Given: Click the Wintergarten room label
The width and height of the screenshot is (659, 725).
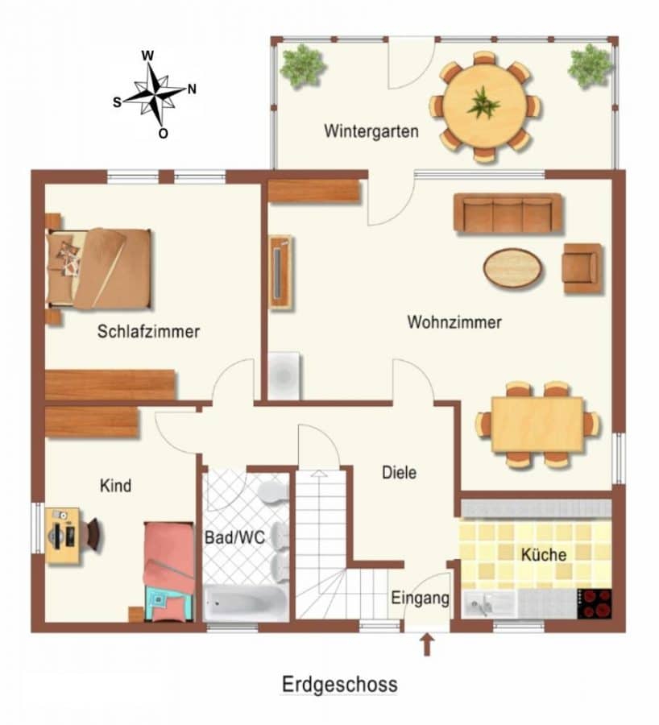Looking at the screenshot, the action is pos(371,130).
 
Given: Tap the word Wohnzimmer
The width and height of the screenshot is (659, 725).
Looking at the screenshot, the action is pos(454,321).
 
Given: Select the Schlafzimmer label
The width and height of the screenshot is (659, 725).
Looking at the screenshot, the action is pos(148,331).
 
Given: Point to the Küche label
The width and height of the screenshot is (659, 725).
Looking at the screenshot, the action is pos(544,554).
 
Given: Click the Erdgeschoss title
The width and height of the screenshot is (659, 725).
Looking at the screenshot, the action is pos(340,684).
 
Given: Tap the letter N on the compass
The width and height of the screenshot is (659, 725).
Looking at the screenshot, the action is pos(192,89).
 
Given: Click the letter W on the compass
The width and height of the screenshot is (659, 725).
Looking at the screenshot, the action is pos(147,56).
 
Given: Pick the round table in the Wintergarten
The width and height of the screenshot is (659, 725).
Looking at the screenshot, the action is pos(484,107).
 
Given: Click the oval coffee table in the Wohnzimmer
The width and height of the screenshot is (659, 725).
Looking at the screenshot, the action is pos(513,268).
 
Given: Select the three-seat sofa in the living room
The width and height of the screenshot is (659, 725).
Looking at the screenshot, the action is pos(508,213).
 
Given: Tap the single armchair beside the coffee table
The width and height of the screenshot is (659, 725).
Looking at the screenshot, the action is pos(582,268).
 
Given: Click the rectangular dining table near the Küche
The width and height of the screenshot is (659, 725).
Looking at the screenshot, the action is pos(537,425).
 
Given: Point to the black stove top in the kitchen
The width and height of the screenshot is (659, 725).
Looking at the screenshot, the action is pos(595,604).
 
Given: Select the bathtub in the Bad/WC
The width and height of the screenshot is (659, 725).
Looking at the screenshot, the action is pos(246,603).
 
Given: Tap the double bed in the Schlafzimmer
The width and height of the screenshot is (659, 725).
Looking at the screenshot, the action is pos(99,268).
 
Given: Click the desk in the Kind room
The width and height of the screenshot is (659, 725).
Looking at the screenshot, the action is pos(62,536).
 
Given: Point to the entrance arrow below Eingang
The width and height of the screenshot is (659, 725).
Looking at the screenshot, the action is pos(427,644).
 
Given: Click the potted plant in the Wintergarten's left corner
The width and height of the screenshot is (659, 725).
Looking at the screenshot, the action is pos(303,66).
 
